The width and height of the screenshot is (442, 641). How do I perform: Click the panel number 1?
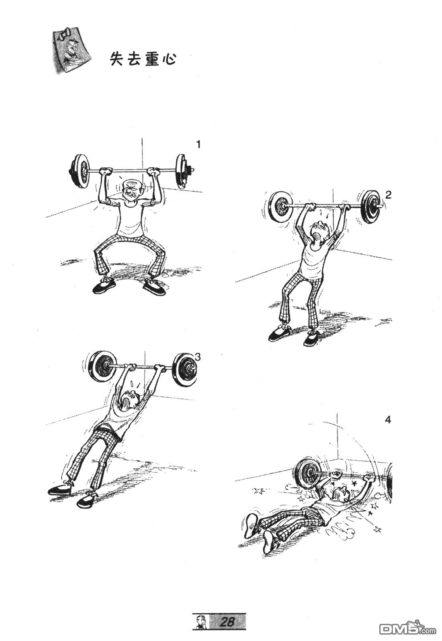tap(198, 145)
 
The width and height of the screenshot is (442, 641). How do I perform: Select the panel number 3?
tap(198, 357)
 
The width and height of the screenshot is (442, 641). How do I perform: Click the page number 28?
tap(227, 620)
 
